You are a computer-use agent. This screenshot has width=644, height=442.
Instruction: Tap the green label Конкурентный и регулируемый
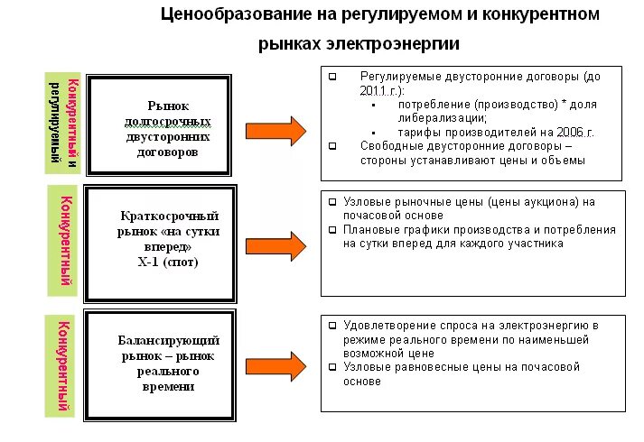(x=63, y=123)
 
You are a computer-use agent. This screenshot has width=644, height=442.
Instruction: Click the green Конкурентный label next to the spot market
(x=64, y=241)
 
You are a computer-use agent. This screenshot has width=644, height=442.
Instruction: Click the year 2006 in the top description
(x=562, y=132)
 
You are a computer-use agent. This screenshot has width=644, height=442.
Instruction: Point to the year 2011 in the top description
(x=372, y=91)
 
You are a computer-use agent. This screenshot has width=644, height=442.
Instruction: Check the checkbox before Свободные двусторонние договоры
(x=332, y=146)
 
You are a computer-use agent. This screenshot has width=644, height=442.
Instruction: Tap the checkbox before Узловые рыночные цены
(x=332, y=202)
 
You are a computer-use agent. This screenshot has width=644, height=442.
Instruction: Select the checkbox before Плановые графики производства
(x=332, y=230)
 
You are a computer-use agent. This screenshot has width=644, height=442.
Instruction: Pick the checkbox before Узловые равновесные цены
(x=332, y=367)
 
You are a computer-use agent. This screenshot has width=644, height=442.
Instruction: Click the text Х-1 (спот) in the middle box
(x=164, y=262)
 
